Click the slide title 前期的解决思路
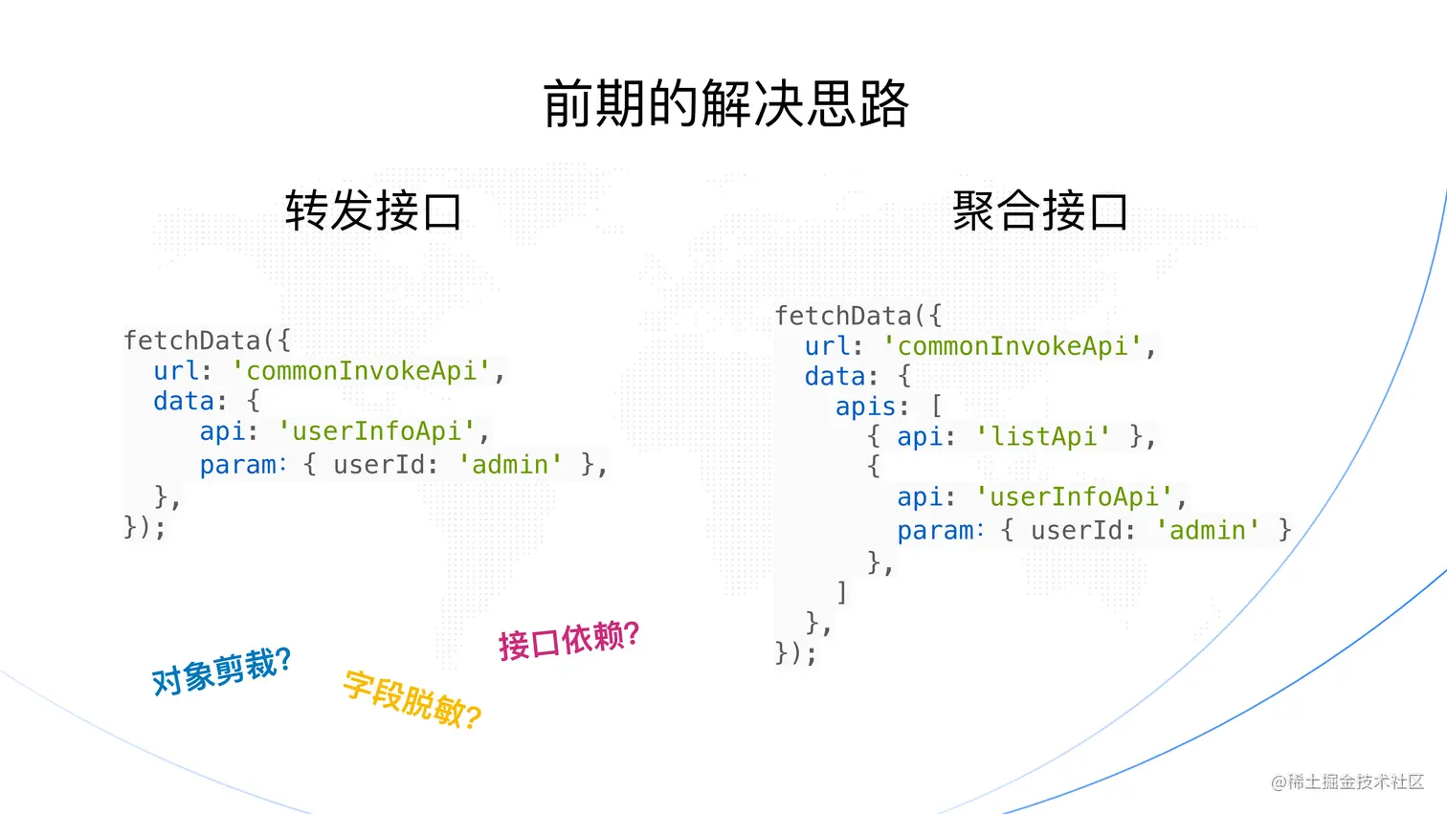[x=725, y=103]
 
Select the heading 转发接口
[x=373, y=210]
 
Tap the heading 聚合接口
[x=1040, y=210]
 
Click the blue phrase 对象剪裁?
[x=221, y=671]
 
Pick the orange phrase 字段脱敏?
[x=412, y=699]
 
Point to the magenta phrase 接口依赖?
[x=568, y=640]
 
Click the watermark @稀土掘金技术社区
[x=1347, y=781]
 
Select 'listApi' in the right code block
[x=1043, y=437]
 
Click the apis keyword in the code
[x=866, y=407]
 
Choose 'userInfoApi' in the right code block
[x=1074, y=497]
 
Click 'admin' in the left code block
[x=510, y=465]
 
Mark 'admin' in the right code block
[x=1208, y=531]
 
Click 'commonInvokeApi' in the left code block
[x=361, y=371]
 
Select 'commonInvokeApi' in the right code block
[x=1013, y=346]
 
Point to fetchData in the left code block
[x=191, y=341]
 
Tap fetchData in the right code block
[x=843, y=316]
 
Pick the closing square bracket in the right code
[x=841, y=592]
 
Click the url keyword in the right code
[x=827, y=346]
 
